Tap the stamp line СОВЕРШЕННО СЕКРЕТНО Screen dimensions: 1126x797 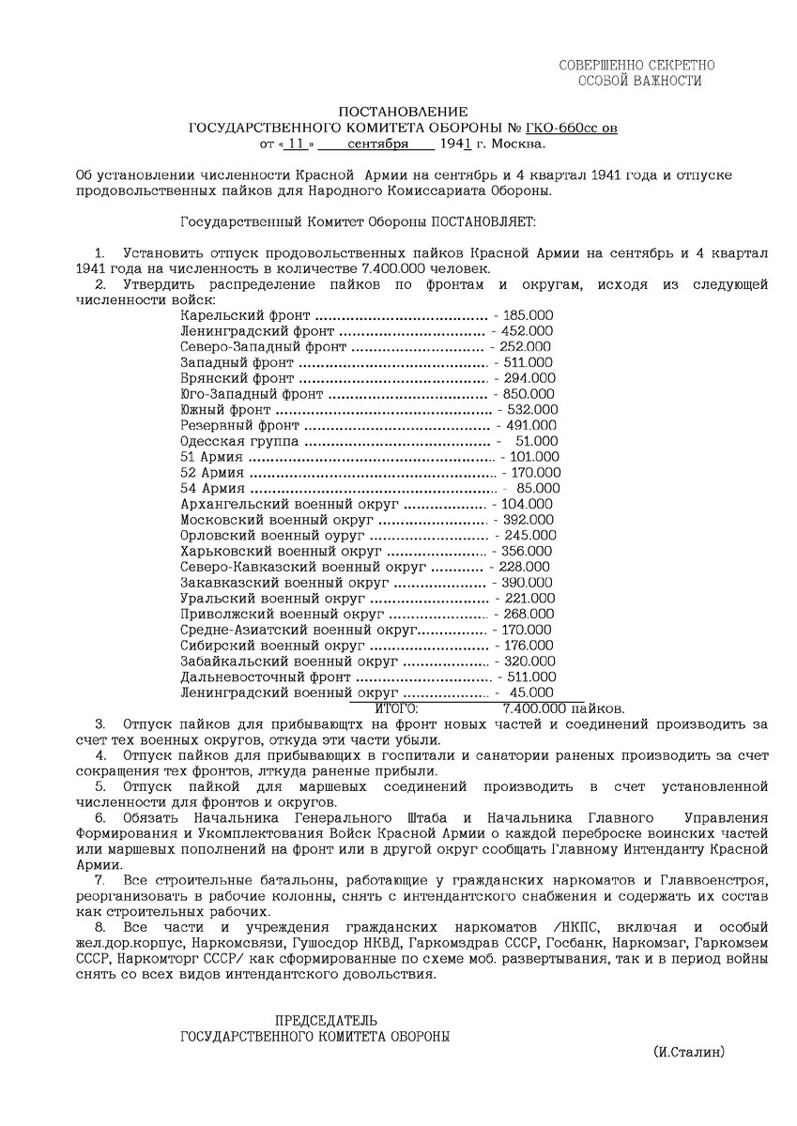pos(637,65)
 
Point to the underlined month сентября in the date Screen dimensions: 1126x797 pos(377,145)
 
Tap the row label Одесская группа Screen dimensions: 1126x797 pos(239,441)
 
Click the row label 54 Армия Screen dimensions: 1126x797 pos(212,488)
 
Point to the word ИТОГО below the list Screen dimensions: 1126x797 pos(396,708)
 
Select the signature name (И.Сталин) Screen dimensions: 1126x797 pos(689,1054)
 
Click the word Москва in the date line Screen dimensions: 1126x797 pos(518,145)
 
